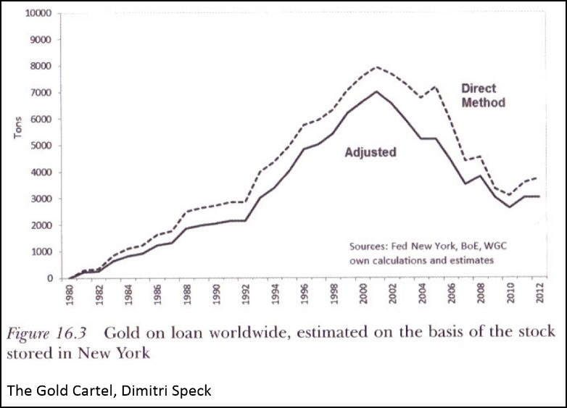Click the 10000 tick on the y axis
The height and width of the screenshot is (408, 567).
click(x=38, y=14)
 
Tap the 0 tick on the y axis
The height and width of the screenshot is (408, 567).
click(x=49, y=278)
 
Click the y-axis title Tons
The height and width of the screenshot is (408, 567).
click(x=17, y=130)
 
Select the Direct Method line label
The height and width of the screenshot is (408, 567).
click(x=483, y=95)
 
